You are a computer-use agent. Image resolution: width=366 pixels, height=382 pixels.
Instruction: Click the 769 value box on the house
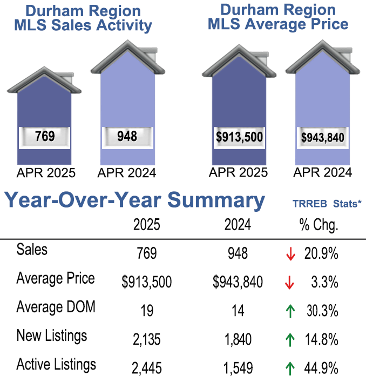[44, 136]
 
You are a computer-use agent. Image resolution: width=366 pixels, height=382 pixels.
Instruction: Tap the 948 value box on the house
[127, 136]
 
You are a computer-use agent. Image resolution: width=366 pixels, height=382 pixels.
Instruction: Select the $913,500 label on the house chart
[239, 137]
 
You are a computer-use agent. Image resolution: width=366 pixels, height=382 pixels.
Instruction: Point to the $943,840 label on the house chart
[323, 137]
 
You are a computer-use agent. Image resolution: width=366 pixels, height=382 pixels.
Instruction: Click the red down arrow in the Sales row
[290, 254]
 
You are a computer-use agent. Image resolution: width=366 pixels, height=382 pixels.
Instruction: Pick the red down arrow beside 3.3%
[290, 282]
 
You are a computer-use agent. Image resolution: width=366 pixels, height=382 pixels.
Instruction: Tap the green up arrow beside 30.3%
[290, 311]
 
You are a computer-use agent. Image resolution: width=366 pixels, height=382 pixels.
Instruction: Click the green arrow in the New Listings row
[290, 340]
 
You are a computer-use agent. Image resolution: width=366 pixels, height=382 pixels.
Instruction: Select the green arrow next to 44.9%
[290, 368]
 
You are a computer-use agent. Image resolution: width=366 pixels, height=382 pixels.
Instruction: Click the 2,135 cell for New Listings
[147, 340]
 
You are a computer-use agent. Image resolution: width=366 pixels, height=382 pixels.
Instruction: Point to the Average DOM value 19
[147, 311]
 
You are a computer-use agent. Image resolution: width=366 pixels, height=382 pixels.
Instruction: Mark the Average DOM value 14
[238, 311]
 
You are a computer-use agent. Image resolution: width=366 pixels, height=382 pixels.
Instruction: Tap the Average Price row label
[56, 279]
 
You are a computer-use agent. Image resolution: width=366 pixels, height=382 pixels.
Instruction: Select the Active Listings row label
[56, 365]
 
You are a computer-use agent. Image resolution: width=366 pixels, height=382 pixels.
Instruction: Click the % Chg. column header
[318, 225]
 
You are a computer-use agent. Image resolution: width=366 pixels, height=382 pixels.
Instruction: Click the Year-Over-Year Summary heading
[135, 200]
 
